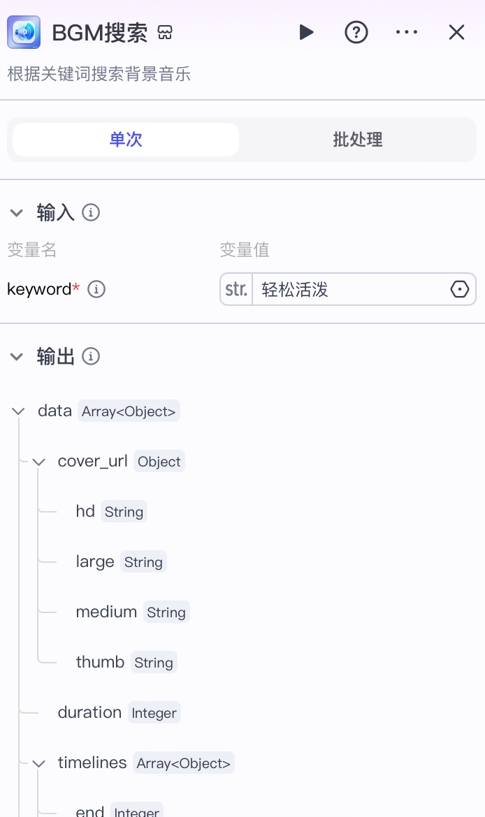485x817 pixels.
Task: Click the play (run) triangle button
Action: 306,32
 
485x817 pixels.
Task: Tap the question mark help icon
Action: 356,32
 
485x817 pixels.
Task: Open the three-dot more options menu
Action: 407,32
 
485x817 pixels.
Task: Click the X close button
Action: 456,32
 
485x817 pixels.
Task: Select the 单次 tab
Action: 126,140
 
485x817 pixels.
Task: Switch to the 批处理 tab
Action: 358,140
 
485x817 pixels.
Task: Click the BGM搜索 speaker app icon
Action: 24,32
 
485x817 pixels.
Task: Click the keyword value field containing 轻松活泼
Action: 349,289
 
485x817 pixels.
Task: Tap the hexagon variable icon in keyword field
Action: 459,289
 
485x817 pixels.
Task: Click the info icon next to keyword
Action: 96,289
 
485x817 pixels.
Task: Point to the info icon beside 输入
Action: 91,212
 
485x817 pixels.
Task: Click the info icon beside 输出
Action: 91,357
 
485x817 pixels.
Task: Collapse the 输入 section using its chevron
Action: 17,212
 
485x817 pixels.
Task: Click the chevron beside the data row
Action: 19,411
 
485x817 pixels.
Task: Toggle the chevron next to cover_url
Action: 39,462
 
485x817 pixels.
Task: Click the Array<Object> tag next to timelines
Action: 183,763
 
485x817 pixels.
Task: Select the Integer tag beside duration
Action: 154,713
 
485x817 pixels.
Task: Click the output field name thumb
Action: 100,662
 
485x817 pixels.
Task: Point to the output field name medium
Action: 106,612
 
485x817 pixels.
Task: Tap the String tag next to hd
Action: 124,512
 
